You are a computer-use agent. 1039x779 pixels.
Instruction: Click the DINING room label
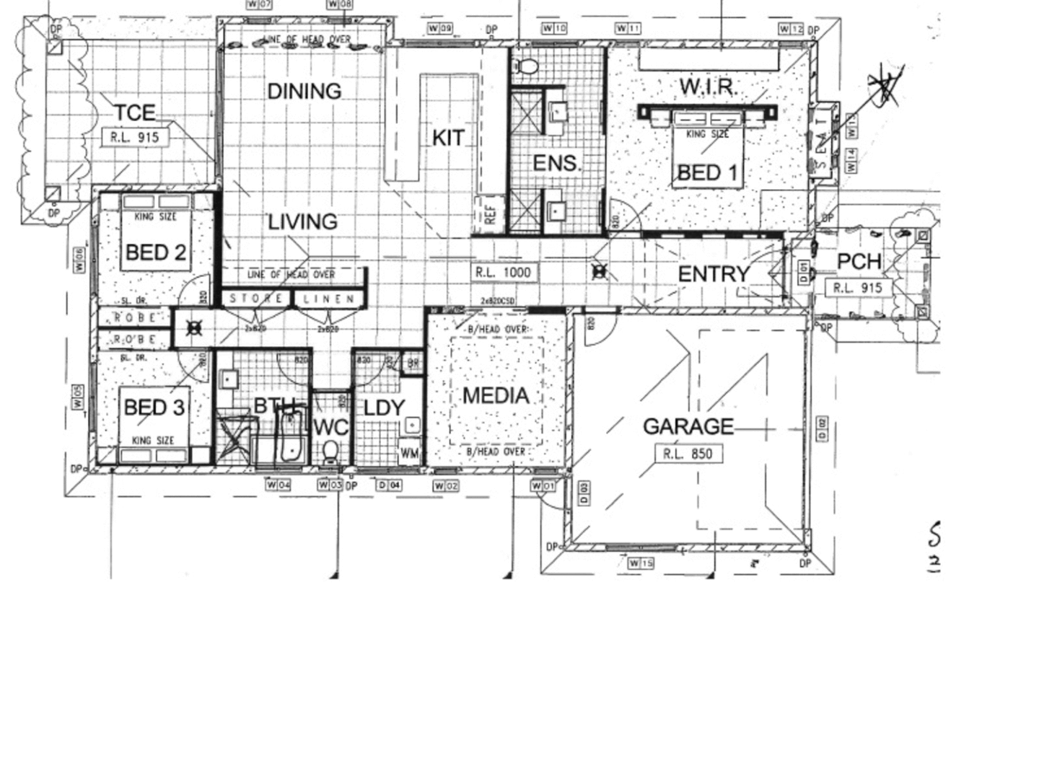(x=304, y=92)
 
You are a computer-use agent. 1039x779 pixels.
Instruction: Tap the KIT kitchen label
(x=447, y=138)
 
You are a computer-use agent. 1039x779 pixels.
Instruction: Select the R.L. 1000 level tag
(x=503, y=273)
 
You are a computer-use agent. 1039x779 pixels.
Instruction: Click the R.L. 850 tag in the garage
(x=688, y=454)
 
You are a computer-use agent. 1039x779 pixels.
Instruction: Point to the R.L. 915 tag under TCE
(x=134, y=137)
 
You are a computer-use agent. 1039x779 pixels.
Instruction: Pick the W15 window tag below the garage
(x=640, y=563)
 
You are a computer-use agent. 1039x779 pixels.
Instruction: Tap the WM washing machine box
(x=409, y=454)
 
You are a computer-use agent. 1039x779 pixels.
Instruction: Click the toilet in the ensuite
(x=528, y=66)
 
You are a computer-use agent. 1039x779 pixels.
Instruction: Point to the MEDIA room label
(x=496, y=395)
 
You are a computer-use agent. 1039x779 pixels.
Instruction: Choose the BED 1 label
(x=707, y=173)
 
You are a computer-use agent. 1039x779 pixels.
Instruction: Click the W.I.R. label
(x=707, y=87)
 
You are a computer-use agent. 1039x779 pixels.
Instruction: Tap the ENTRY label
(x=713, y=274)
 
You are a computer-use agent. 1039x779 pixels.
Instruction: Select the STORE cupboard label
(x=256, y=298)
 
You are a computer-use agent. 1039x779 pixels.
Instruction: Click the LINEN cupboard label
(x=328, y=298)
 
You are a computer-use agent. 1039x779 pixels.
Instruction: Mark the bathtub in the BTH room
(x=291, y=435)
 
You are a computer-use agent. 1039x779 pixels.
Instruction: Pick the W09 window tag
(x=439, y=29)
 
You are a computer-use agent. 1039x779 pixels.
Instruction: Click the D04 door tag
(x=389, y=485)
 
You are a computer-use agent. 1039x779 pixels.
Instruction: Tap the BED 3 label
(x=154, y=408)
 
